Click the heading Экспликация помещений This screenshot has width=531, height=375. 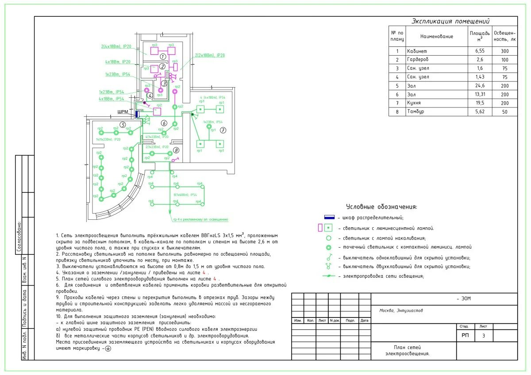click(450, 21)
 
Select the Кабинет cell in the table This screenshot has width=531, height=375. click(418, 51)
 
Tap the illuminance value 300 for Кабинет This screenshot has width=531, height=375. click(505, 51)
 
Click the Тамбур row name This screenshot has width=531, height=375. click(416, 112)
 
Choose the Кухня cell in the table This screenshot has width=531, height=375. click(416, 103)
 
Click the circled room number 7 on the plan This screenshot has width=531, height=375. click(223, 130)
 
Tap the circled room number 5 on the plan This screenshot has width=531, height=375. click(123, 125)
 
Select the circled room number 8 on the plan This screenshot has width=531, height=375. click(176, 150)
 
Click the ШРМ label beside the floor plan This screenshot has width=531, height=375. click(123, 112)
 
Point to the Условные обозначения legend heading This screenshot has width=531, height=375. click(381, 207)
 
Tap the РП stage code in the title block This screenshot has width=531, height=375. click(465, 336)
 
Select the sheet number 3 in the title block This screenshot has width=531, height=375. click(483, 336)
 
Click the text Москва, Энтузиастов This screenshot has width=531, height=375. click(401, 310)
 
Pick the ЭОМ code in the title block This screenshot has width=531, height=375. click(464, 299)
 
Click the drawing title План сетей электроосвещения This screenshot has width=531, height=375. click(407, 350)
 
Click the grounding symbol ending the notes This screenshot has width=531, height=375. click(108, 348)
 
